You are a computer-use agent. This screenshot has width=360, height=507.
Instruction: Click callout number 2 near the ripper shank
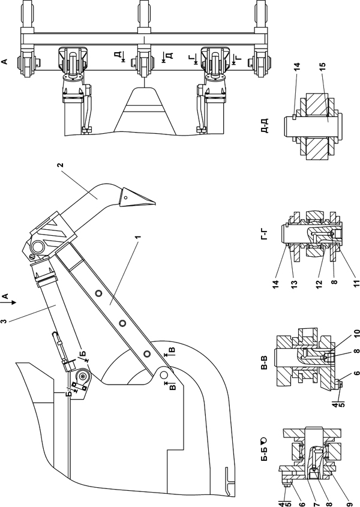60,165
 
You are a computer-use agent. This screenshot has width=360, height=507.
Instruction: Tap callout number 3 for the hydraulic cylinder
4,321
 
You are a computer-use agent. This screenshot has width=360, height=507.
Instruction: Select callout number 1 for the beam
139,238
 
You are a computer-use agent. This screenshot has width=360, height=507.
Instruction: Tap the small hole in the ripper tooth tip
127,197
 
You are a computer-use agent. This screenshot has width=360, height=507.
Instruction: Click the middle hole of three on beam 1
123,323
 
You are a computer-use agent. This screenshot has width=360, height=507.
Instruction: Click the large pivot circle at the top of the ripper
38,247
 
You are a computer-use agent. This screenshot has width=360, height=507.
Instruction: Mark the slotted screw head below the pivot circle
32,257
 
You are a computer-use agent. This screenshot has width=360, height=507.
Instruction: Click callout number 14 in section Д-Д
297,67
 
